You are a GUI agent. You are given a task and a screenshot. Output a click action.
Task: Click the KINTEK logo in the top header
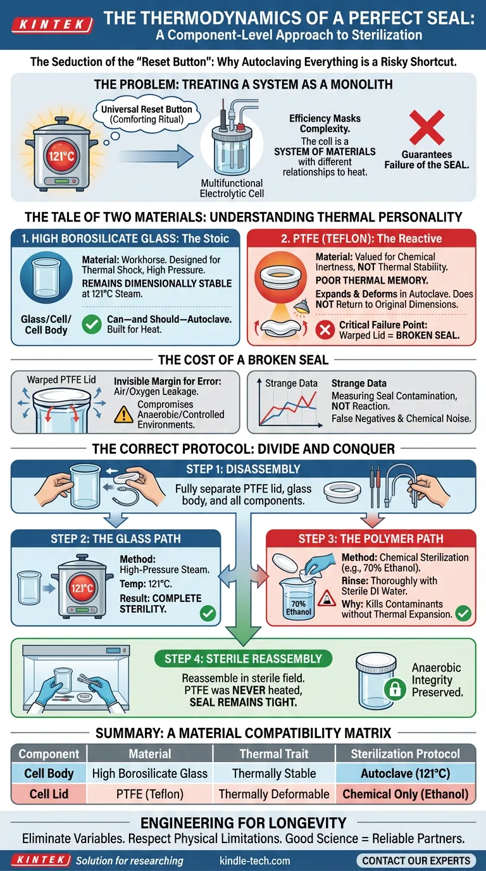tap(52, 25)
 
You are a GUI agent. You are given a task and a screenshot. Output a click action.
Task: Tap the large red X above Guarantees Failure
tap(427, 127)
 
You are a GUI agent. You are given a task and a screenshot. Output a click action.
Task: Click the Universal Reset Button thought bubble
tap(147, 115)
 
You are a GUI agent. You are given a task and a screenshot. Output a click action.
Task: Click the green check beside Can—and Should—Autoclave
tap(92, 324)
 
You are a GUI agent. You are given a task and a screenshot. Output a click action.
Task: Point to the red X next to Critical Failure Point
tap(325, 330)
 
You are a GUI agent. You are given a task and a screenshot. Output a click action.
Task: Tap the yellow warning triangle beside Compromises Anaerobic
tap(123, 415)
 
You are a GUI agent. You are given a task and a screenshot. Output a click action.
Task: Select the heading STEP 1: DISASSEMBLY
tap(243, 469)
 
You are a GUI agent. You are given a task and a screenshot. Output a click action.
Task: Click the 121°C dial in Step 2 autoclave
tap(82, 587)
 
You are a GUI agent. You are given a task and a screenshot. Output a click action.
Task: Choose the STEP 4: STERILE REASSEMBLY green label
tap(244, 659)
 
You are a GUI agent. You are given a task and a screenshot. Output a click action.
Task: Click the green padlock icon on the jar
tap(395, 689)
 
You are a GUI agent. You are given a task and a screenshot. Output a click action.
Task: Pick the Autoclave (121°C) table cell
tap(405, 774)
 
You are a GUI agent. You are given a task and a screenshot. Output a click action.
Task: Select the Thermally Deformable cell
tap(274, 794)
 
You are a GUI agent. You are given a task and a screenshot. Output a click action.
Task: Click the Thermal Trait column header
tap(274, 753)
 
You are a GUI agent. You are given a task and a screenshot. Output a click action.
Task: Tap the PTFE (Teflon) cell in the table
tap(150, 794)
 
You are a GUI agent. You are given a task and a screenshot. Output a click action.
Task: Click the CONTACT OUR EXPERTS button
tap(416, 860)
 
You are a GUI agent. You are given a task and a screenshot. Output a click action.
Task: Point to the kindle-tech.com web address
tap(254, 861)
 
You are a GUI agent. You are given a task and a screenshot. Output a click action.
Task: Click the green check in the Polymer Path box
tap(463, 613)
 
